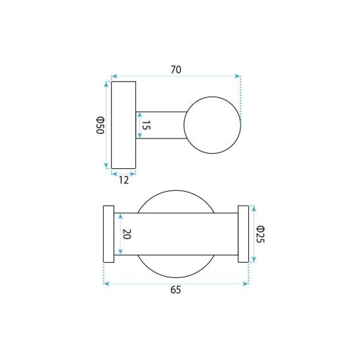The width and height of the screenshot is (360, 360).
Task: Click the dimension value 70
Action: click(x=176, y=70)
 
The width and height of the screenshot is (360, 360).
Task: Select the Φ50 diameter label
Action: click(x=100, y=125)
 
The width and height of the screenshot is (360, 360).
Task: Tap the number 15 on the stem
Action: click(x=146, y=125)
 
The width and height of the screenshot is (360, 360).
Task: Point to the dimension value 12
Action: click(x=124, y=180)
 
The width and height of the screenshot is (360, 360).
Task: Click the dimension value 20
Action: click(x=127, y=234)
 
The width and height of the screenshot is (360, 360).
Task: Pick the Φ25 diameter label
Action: click(x=260, y=234)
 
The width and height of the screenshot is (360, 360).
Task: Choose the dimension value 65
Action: click(x=175, y=290)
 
